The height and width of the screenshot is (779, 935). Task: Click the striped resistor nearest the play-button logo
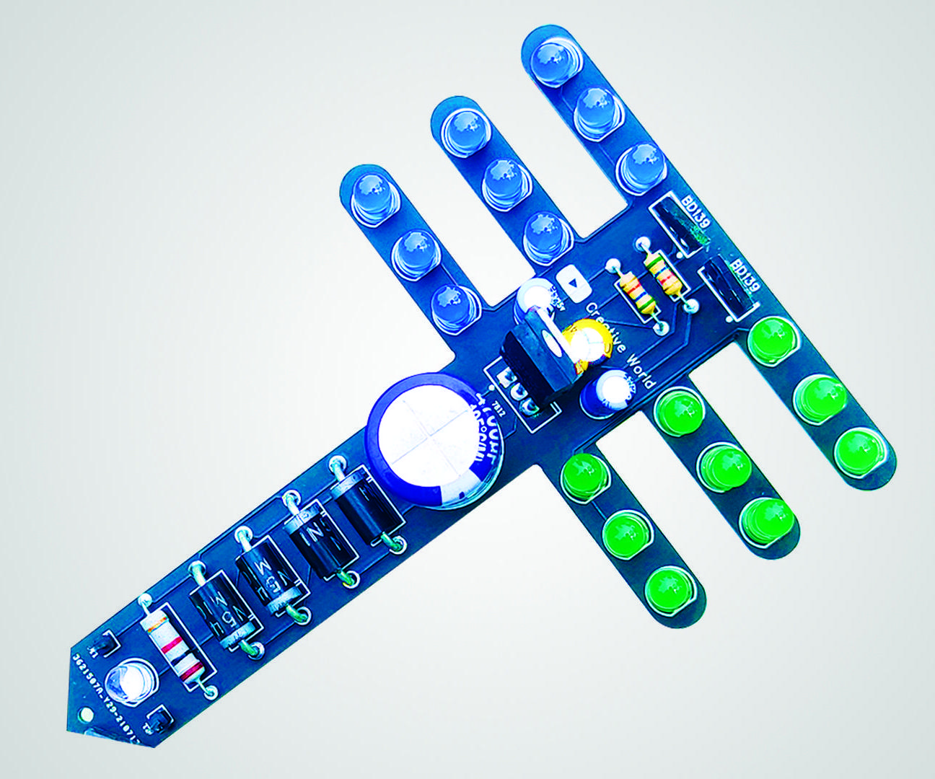[636, 295]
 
